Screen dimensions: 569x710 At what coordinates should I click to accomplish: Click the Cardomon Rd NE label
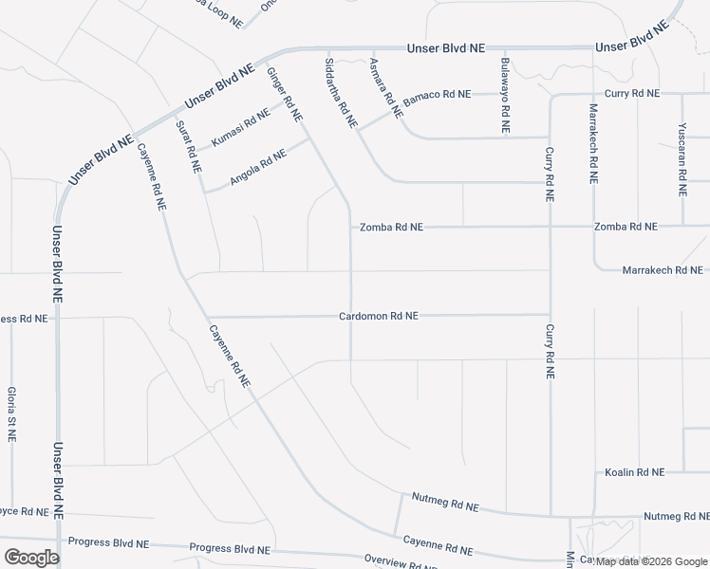tap(378, 316)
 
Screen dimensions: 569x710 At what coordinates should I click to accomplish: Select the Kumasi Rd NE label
tap(240, 127)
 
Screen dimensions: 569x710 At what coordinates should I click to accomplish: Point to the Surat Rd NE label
tap(189, 145)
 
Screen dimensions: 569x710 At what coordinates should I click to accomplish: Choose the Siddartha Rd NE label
tap(341, 93)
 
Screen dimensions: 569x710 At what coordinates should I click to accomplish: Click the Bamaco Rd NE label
tap(437, 95)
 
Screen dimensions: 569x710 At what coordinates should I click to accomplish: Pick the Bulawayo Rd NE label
tap(506, 98)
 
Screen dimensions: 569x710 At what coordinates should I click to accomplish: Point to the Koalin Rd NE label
tap(635, 472)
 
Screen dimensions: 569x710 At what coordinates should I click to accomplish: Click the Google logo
tap(31, 558)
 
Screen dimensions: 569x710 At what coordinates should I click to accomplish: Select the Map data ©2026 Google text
tap(652, 561)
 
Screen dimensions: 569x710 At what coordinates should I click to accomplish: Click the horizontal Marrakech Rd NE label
tap(662, 270)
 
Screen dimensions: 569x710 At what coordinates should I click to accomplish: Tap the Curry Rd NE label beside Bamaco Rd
tap(631, 94)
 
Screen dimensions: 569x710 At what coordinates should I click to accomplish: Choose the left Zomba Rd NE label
tap(391, 228)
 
